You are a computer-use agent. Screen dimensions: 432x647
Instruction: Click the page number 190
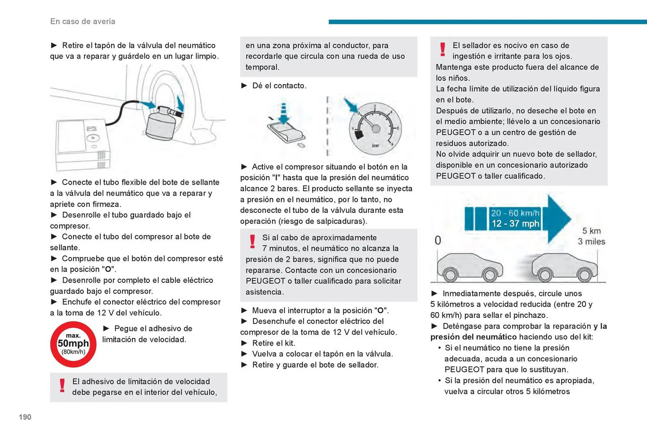25,417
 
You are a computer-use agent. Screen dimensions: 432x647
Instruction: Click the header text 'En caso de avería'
83,21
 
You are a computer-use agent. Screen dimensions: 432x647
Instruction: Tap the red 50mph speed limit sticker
73,344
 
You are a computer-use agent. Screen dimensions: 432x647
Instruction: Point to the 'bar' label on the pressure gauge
375,145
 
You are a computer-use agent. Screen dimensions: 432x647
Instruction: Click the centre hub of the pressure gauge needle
376,128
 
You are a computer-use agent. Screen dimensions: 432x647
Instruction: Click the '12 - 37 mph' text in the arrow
515,224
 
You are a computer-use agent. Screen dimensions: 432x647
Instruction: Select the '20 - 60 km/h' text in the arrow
515,213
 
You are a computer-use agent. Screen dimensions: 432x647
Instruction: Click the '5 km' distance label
591,231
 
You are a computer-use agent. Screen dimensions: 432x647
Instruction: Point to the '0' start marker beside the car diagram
438,240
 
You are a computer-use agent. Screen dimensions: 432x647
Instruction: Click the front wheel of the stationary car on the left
490,275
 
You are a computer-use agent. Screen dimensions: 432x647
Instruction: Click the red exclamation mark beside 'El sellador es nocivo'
443,50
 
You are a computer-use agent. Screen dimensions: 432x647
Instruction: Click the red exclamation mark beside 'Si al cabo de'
252,242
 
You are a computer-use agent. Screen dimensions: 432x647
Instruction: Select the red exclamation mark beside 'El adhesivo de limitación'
62,385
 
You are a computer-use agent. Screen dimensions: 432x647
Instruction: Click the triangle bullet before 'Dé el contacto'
244,86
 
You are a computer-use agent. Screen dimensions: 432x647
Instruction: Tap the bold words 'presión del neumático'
473,337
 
